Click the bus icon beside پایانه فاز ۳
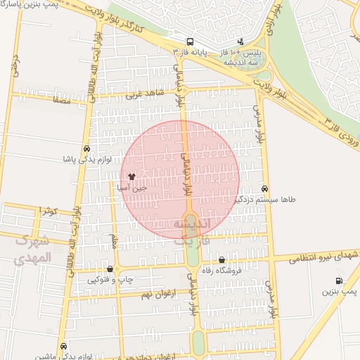pyautogui.click(x=191, y=41)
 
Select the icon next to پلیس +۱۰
pyautogui.click(x=242, y=41)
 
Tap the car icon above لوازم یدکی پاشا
pyautogui.click(x=86, y=149)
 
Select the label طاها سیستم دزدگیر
pyautogui.click(x=264, y=200)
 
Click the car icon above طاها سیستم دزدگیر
pyautogui.click(x=264, y=188)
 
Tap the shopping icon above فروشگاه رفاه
pyautogui.click(x=222, y=259)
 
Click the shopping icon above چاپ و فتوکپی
pyautogui.click(x=110, y=269)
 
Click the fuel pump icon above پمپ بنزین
pyautogui.click(x=341, y=281)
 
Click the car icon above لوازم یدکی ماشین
pyautogui.click(x=64, y=346)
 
